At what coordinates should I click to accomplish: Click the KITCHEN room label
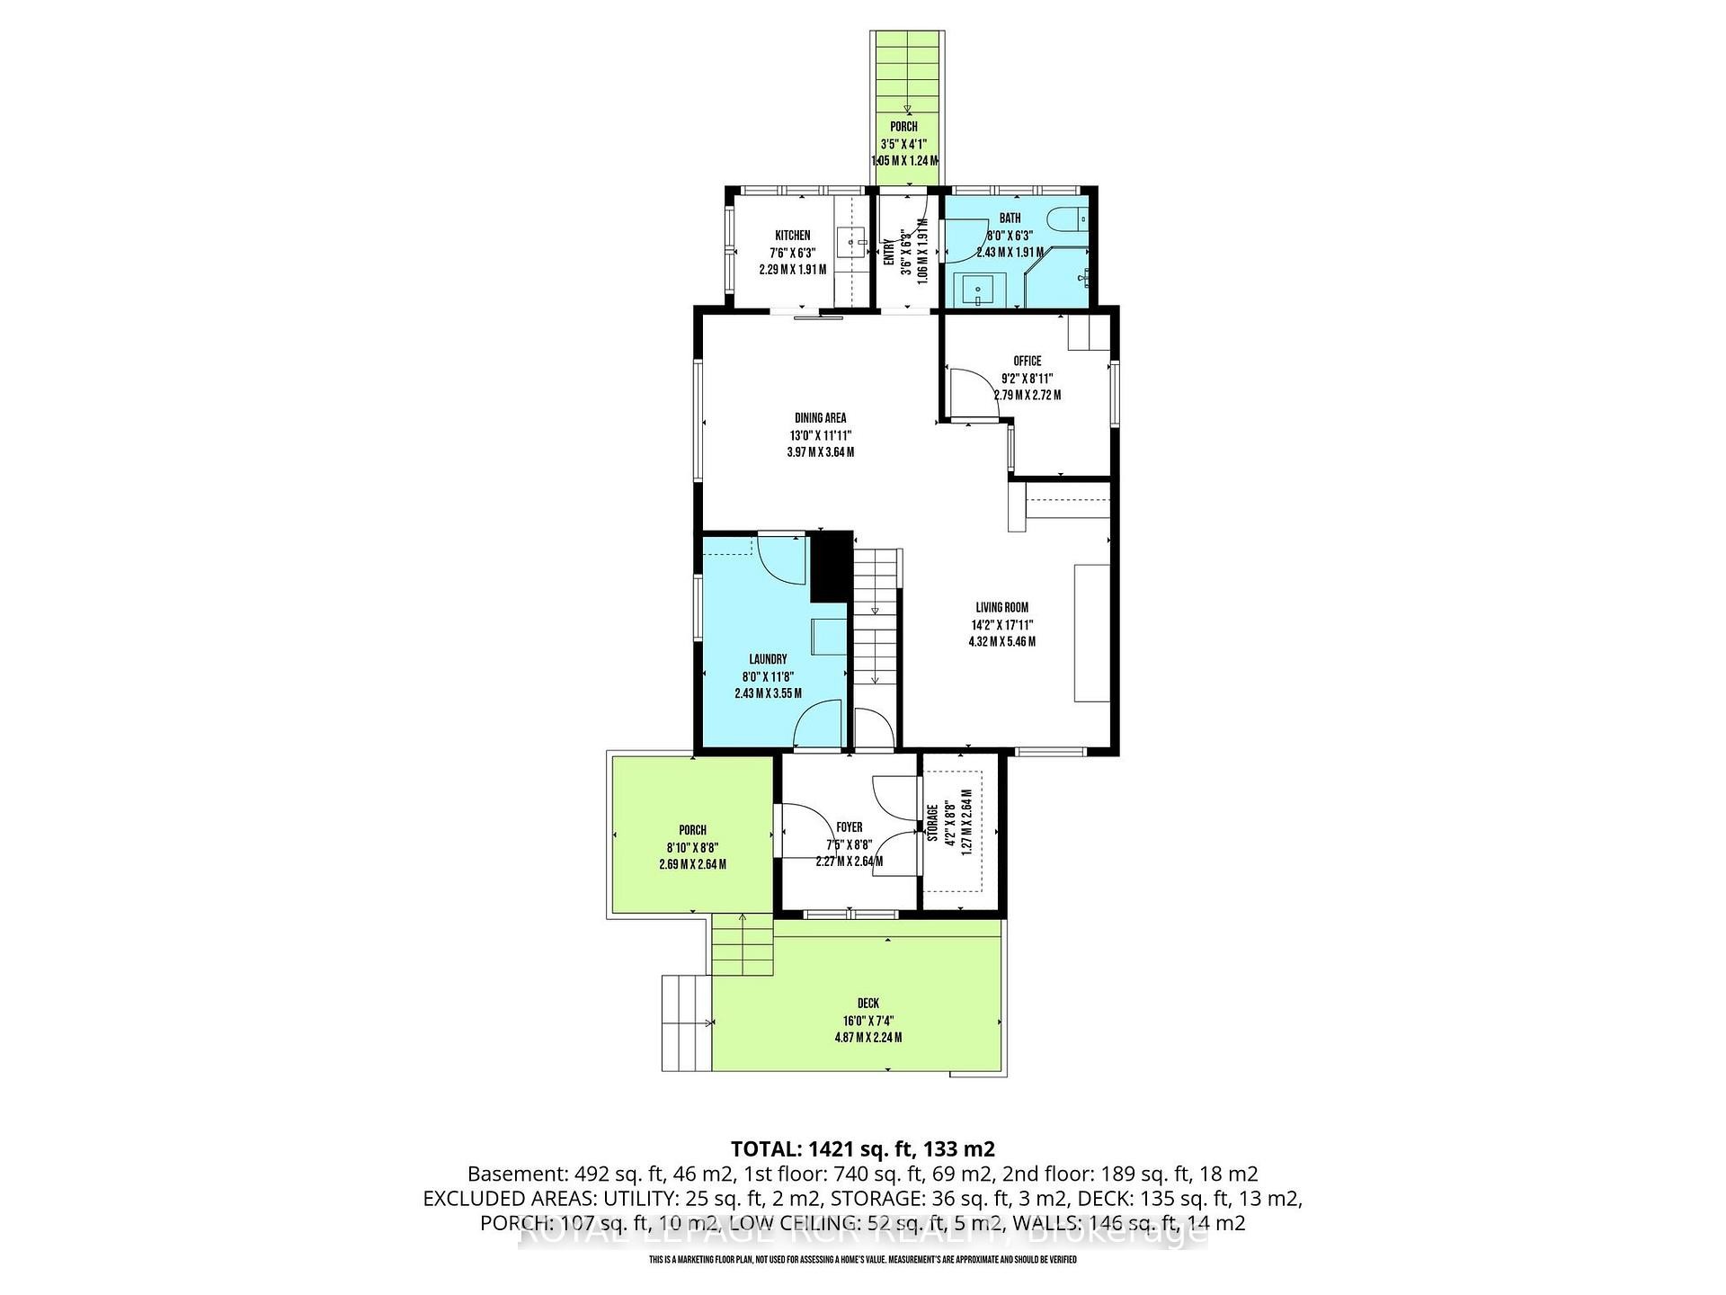click(792, 236)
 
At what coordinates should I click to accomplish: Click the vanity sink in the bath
click(976, 290)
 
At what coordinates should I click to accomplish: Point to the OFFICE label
click(1027, 361)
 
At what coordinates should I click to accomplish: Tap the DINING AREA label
click(820, 418)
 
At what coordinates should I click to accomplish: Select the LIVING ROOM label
click(1001, 608)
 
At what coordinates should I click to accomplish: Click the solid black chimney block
click(832, 567)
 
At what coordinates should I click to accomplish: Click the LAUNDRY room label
click(768, 659)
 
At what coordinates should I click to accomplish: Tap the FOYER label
click(849, 827)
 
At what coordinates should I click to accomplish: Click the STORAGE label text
click(933, 824)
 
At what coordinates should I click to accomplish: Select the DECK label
click(867, 1004)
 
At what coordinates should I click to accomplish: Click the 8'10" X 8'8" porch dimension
click(692, 847)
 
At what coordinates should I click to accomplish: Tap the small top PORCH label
click(903, 127)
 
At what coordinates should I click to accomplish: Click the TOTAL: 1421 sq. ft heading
click(862, 1148)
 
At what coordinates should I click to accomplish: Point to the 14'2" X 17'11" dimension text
click(1001, 625)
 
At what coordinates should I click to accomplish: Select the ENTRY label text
click(889, 252)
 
